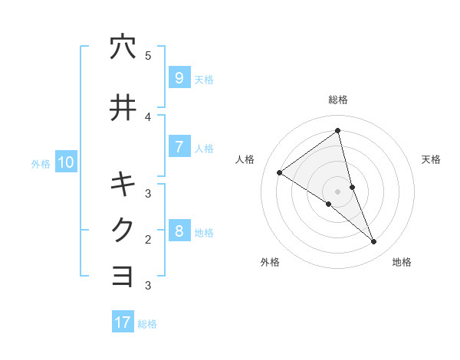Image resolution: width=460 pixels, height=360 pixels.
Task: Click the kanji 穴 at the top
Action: point(123,47)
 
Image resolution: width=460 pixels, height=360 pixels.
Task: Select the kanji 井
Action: point(123,107)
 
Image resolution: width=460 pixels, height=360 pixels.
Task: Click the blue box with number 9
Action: point(179,78)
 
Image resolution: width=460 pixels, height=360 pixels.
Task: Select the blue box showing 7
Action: point(179,146)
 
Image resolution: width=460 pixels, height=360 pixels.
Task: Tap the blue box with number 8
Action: point(179,231)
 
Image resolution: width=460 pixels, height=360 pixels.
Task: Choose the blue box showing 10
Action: point(66,162)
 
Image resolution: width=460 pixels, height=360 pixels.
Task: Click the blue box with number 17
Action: point(123,322)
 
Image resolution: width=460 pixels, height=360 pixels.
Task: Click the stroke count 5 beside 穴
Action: point(148,55)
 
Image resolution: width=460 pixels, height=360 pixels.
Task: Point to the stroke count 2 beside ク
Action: point(148,239)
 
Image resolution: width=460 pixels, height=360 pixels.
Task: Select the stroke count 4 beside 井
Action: point(148,116)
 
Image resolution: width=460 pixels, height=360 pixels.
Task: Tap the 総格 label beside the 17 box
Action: point(147,324)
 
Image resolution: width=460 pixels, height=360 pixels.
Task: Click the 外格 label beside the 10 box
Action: point(41,163)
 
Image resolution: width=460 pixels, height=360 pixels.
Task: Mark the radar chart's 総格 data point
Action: point(338,131)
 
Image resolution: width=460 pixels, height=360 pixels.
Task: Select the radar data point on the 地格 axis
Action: point(374,242)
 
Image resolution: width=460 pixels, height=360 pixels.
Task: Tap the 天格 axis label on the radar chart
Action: point(432,159)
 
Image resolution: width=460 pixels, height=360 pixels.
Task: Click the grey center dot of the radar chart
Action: point(338,191)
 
